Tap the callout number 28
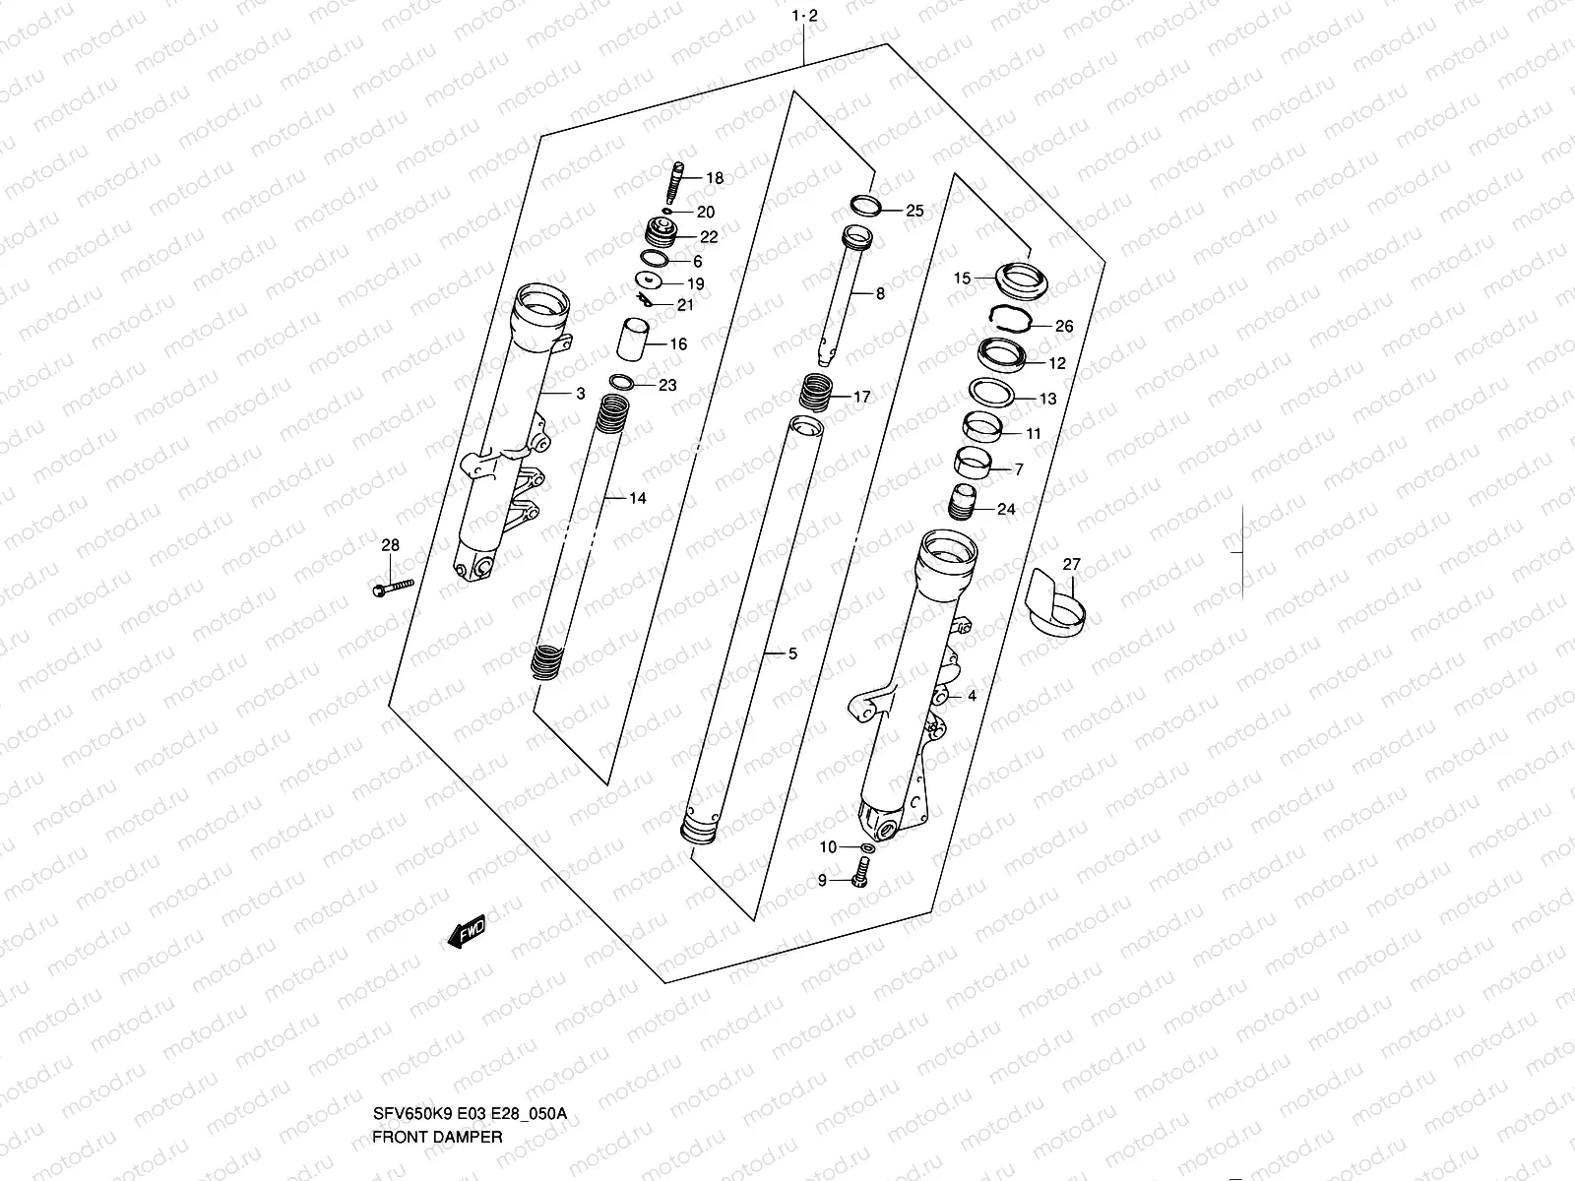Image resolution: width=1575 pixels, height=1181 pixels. click(x=391, y=545)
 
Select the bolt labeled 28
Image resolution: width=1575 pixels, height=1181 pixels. click(x=393, y=588)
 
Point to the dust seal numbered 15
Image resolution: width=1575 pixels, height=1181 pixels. click(x=1020, y=279)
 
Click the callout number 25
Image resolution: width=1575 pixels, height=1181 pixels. click(x=914, y=211)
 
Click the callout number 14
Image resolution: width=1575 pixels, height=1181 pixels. click(x=637, y=498)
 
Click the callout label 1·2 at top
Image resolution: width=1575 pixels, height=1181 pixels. click(x=805, y=16)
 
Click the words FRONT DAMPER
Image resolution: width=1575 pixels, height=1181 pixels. click(x=437, y=1136)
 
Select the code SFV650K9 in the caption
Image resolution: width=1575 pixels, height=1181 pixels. click(x=405, y=1114)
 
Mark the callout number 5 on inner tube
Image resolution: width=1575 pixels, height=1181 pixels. click(x=792, y=653)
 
